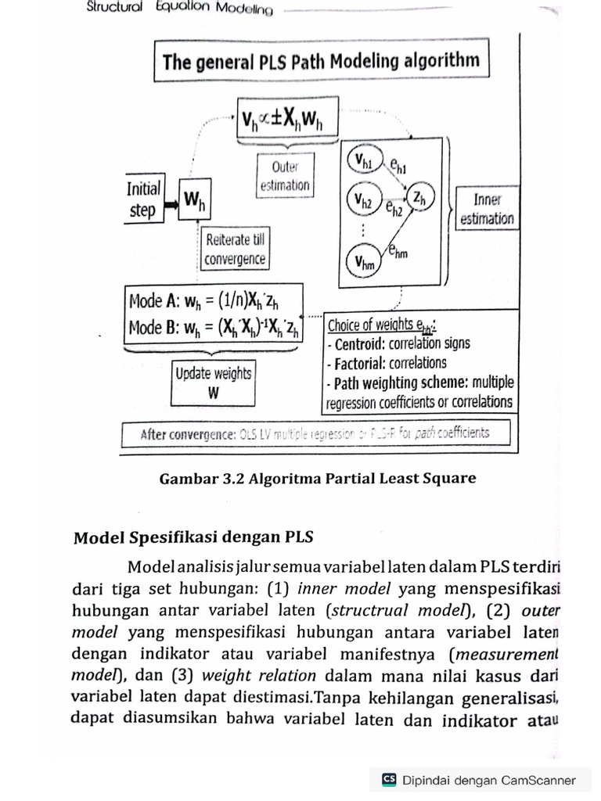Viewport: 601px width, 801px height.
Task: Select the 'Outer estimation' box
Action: [x=284, y=176]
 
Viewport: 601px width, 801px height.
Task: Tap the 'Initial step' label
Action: [x=142, y=200]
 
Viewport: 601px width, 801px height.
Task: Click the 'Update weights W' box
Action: [x=213, y=383]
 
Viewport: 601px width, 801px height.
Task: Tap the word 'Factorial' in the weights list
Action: [x=363, y=364]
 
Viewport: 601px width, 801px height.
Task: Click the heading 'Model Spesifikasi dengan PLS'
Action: [x=193, y=537]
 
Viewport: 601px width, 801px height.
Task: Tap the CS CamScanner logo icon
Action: [x=389, y=779]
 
